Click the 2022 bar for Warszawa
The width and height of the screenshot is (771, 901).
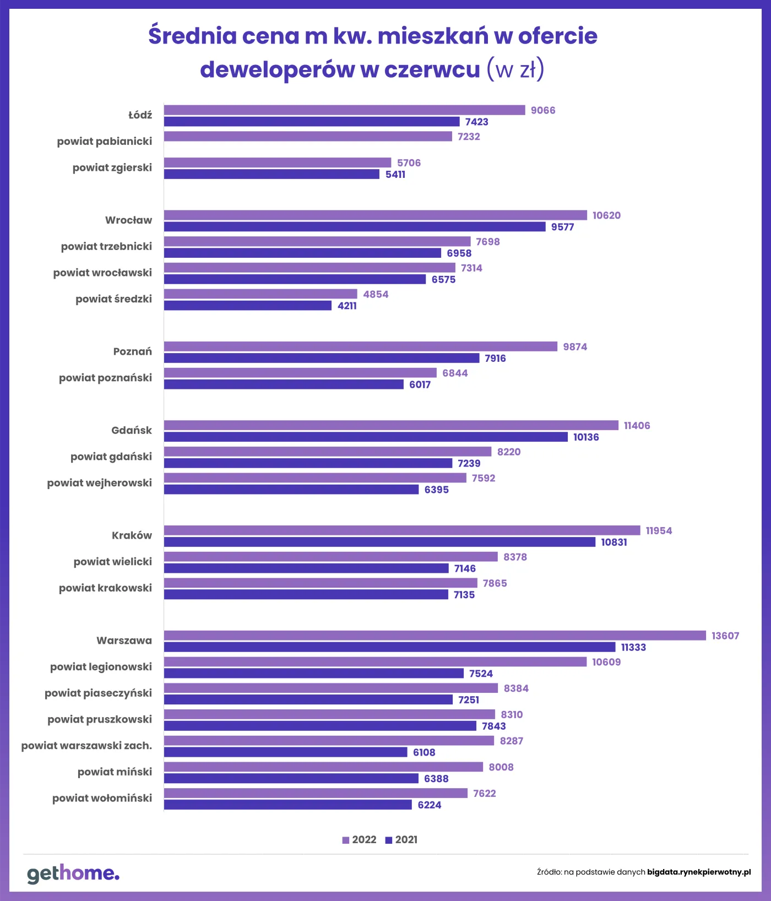435,636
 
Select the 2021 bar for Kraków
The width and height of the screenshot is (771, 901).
379,542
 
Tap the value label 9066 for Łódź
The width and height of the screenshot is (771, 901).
542,110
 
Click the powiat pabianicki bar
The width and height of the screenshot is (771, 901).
308,136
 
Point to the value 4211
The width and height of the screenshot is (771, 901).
347,306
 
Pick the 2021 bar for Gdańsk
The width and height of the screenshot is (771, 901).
366,437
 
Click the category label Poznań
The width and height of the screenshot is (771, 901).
132,351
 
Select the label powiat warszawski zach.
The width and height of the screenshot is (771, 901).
86,746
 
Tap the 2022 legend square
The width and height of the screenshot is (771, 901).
346,840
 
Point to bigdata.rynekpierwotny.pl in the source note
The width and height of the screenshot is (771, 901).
699,872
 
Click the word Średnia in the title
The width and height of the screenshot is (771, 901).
192,36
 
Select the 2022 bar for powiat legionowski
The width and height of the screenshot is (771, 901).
375,661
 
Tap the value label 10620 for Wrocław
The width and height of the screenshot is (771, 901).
606,215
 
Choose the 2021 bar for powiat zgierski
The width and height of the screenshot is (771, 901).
272,174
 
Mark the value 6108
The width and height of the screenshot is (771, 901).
424,752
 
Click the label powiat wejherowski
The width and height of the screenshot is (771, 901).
100,483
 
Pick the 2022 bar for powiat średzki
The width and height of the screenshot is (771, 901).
260,294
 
